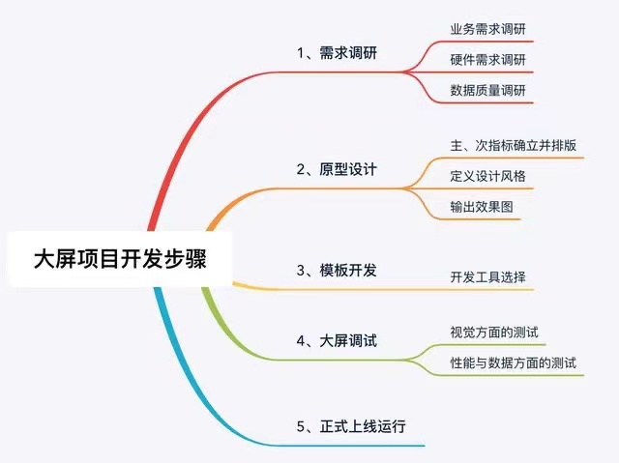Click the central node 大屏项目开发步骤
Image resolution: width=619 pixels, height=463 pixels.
(x=120, y=259)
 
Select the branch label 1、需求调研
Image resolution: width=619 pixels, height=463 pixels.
(x=337, y=53)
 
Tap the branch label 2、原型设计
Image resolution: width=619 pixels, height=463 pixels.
(x=337, y=169)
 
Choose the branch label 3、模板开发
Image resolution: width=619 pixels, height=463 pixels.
(x=337, y=271)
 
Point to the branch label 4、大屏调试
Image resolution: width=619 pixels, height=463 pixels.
(x=337, y=341)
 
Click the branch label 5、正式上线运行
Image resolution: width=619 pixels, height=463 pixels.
(x=351, y=426)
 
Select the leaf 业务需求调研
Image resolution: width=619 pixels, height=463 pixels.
(x=487, y=29)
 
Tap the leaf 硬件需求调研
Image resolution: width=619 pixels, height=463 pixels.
(x=487, y=60)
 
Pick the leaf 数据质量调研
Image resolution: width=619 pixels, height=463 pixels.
(x=487, y=90)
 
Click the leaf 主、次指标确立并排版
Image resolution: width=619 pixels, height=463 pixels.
(x=514, y=145)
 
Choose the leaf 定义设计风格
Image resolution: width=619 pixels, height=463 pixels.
(x=487, y=176)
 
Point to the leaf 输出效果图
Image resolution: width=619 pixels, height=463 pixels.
(x=482, y=207)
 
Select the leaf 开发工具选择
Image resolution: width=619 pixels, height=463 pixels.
(x=487, y=276)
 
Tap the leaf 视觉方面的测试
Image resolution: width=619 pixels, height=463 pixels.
(x=494, y=333)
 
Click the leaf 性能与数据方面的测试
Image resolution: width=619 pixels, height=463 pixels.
(x=514, y=362)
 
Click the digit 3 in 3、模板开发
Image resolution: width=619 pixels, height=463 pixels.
(x=301, y=271)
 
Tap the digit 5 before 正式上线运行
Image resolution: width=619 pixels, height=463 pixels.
(x=301, y=426)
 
